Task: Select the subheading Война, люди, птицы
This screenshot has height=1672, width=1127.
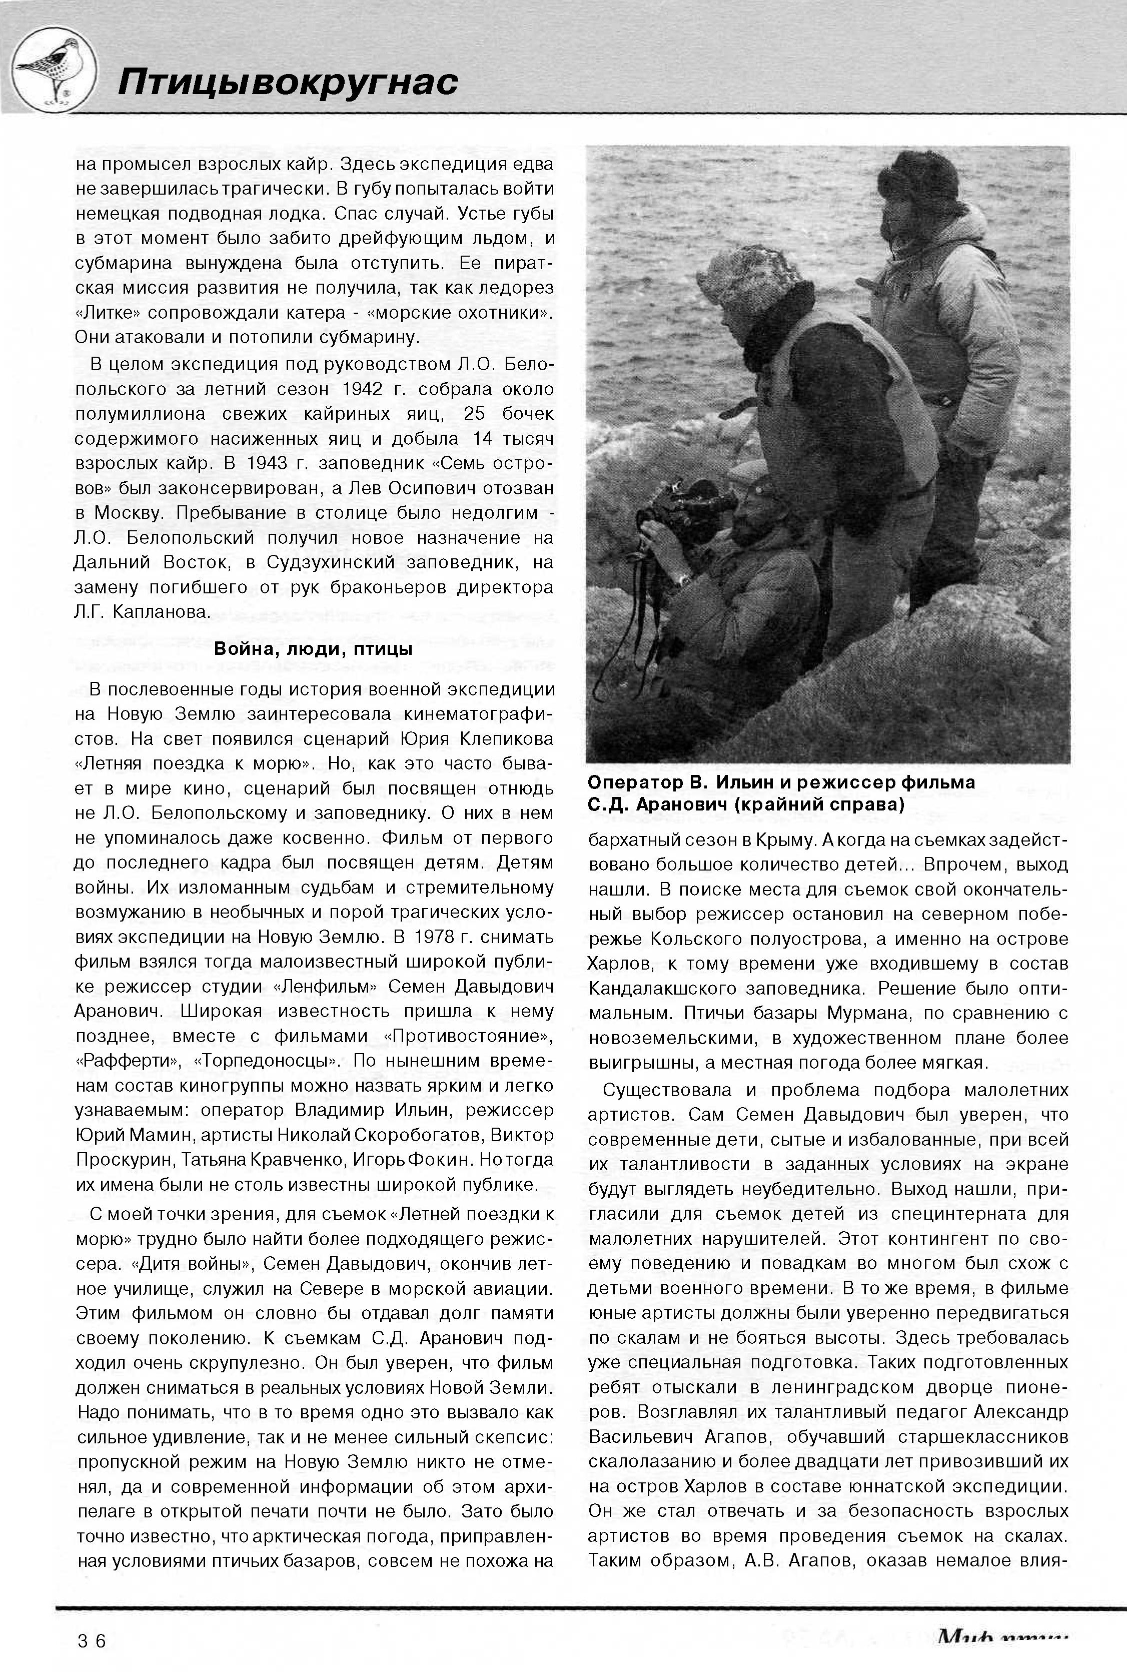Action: coord(313,649)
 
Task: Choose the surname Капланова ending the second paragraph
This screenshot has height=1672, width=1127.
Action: coord(163,612)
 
